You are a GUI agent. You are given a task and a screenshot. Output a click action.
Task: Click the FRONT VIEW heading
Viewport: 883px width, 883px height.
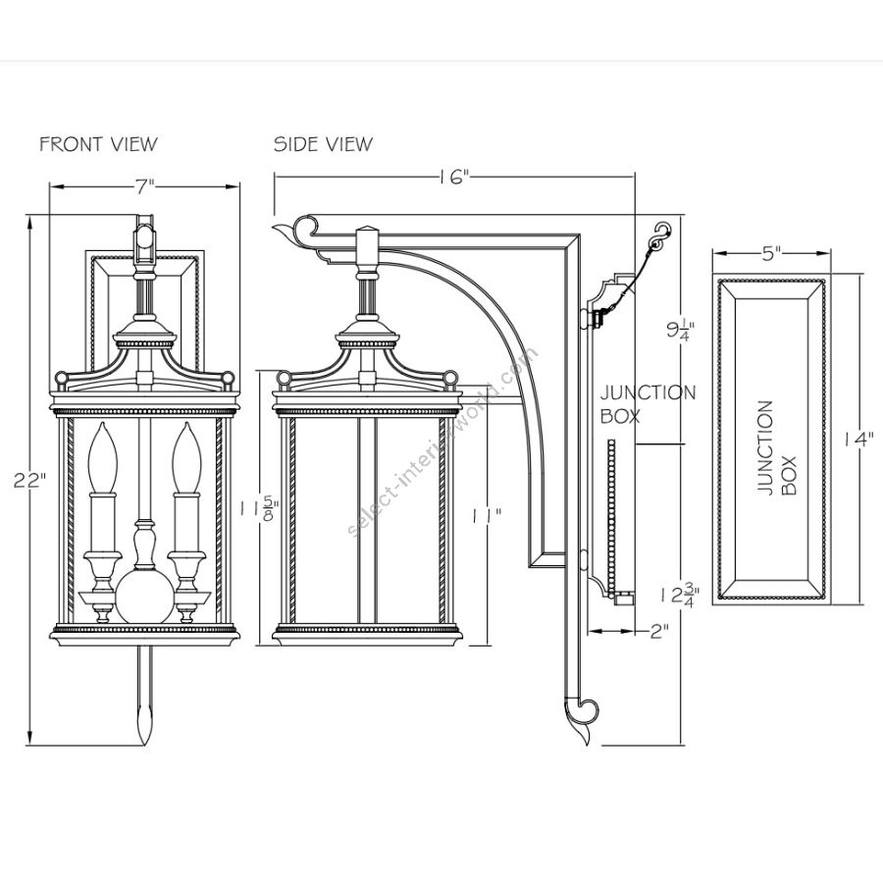point(98,144)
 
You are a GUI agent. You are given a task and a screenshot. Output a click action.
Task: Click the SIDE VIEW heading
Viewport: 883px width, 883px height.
point(323,144)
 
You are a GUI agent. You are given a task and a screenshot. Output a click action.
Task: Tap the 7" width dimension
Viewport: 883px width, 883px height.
point(145,185)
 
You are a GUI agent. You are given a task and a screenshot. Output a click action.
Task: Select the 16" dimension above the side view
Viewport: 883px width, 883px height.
point(454,178)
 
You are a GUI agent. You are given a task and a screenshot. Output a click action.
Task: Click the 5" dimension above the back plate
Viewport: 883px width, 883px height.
point(770,252)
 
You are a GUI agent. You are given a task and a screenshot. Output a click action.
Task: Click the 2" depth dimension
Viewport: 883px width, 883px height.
point(659,632)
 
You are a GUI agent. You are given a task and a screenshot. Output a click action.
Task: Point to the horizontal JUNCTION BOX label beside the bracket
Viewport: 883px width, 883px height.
point(648,403)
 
